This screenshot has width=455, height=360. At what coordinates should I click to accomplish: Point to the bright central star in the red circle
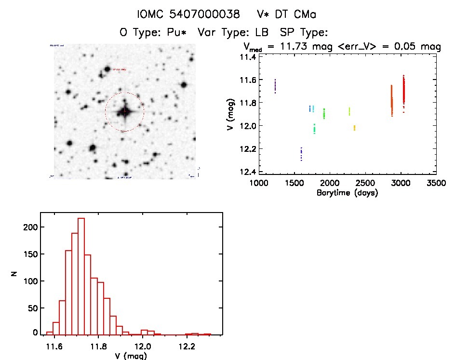[124, 111]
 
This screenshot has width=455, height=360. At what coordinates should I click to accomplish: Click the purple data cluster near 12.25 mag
[301, 154]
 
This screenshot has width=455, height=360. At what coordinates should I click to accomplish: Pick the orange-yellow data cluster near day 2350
[354, 128]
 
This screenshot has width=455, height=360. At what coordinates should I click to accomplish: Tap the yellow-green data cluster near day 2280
[349, 111]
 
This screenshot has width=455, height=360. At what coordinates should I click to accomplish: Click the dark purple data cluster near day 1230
[275, 86]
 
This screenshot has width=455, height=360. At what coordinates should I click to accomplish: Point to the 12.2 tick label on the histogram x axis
[187, 347]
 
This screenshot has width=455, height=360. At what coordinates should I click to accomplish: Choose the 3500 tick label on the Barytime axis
[437, 184]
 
